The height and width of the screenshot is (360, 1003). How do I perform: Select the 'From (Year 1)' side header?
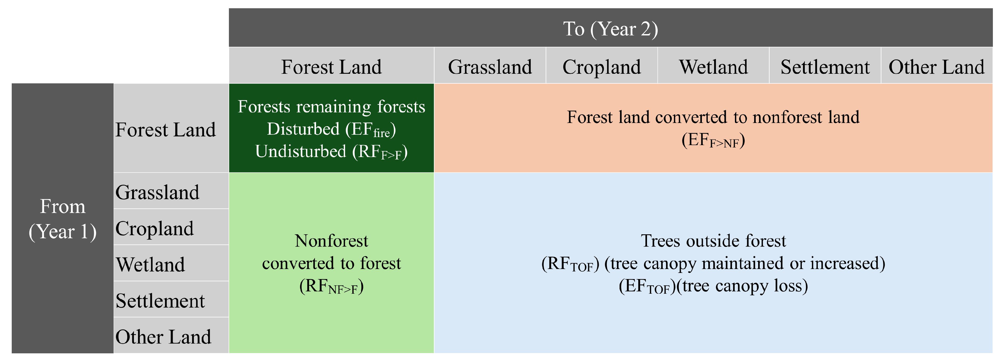63,218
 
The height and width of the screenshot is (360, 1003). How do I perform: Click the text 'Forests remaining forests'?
331,107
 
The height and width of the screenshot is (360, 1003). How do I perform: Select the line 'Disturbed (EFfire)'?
331,129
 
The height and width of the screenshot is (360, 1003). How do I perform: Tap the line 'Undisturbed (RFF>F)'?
331,152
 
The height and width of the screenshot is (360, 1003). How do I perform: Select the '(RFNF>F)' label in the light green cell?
331,287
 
